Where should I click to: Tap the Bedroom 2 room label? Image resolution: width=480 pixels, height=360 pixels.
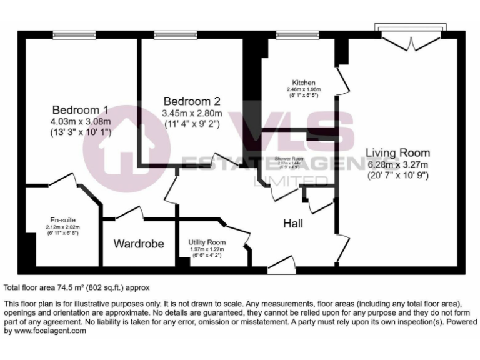192,101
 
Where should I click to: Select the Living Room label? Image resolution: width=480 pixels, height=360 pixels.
397,152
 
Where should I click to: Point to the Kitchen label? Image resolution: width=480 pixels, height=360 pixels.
304,82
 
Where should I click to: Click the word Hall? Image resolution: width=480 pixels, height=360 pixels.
293,223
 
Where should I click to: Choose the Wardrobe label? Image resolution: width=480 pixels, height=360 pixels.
139,244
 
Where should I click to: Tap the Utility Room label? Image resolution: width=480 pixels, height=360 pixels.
207,242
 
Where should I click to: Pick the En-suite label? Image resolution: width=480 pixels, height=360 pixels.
63,220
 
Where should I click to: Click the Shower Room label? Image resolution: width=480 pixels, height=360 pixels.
289,159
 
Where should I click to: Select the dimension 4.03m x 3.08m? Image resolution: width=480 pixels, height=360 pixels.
81,121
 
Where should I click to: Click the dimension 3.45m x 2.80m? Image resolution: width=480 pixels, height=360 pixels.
192,114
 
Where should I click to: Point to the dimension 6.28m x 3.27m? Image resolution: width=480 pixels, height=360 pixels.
398,165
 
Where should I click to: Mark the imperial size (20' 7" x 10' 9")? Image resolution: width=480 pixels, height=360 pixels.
398,176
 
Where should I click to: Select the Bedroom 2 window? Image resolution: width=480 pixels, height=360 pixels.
176,36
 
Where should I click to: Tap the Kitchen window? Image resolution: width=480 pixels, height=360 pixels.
295,36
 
